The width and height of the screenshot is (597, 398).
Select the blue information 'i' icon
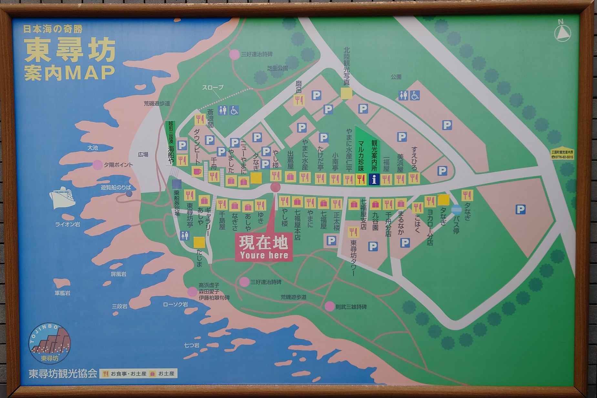tap(374, 179)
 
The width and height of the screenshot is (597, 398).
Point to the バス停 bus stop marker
tap(456, 210)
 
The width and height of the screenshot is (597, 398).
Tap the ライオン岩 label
tap(67, 224)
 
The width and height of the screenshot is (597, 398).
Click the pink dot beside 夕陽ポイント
tap(98, 165)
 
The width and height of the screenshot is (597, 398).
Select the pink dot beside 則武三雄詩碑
tap(330, 306)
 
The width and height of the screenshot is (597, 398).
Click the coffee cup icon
tap(197, 171)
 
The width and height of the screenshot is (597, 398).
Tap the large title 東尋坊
tap(70, 50)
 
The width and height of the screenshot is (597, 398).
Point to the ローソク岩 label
tap(175, 304)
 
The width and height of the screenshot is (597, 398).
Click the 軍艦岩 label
tap(62, 293)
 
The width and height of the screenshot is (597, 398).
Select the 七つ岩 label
tap(191, 345)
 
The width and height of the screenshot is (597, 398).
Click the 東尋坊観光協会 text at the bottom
tap(63, 373)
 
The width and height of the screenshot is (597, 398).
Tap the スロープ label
tap(212, 87)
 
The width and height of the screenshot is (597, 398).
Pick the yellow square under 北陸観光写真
tap(346, 94)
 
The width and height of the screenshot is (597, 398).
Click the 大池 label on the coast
tap(92, 148)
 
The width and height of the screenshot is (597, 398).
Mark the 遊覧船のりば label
tap(116, 188)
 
